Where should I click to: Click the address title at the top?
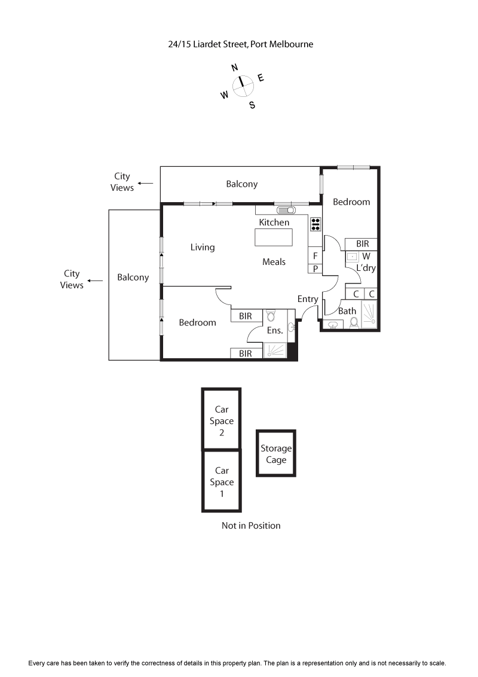point(241,44)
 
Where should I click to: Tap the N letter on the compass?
point(235,68)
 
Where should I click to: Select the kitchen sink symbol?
point(286,210)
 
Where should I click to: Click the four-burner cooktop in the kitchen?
point(315,224)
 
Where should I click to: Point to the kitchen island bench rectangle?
point(274,237)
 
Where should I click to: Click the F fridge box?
point(315,256)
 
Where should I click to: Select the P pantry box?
point(315,269)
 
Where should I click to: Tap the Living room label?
point(203,247)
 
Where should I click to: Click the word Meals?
point(274,262)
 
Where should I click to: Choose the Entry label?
point(308,299)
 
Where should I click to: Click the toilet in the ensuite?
point(271,316)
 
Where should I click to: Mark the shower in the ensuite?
point(275,350)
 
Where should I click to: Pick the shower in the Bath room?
point(369,314)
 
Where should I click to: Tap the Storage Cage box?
point(276,454)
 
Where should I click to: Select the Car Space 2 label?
point(222,421)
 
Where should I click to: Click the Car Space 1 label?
point(222,482)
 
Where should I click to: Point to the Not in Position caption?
point(251,526)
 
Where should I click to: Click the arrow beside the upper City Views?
point(145,184)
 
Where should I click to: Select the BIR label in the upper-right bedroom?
point(362,244)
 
